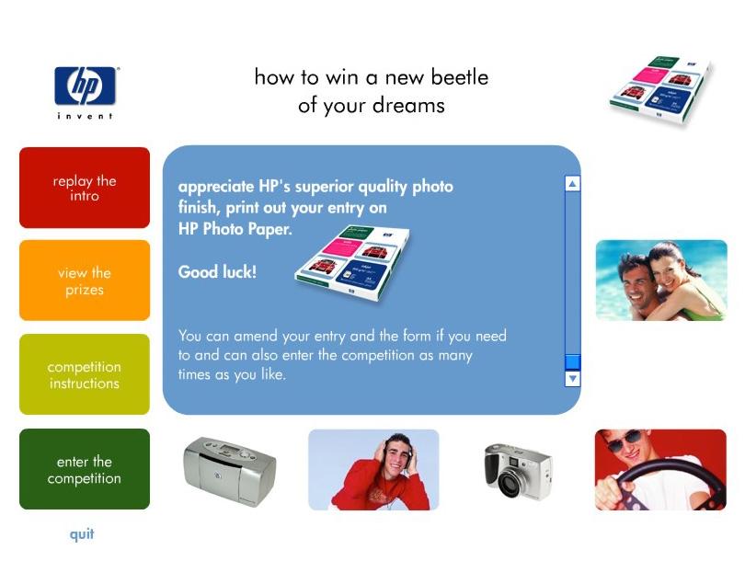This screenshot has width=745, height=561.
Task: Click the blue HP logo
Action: (85, 86)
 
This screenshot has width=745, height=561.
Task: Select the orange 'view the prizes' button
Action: (85, 280)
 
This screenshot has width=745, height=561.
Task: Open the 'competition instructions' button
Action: (85, 374)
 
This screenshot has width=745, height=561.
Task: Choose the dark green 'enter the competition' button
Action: (85, 469)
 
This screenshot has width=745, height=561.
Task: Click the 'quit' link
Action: (82, 534)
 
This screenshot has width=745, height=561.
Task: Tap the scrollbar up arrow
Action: (572, 183)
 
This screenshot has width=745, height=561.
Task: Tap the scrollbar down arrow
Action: (572, 379)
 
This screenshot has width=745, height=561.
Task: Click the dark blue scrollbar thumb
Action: (572, 362)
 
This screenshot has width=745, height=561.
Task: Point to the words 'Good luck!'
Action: (217, 271)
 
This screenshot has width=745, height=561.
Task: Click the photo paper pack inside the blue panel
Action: (352, 262)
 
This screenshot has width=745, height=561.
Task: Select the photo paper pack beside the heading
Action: (661, 90)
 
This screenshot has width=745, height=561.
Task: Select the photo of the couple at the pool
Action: (661, 280)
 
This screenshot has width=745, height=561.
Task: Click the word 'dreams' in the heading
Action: (408, 105)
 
